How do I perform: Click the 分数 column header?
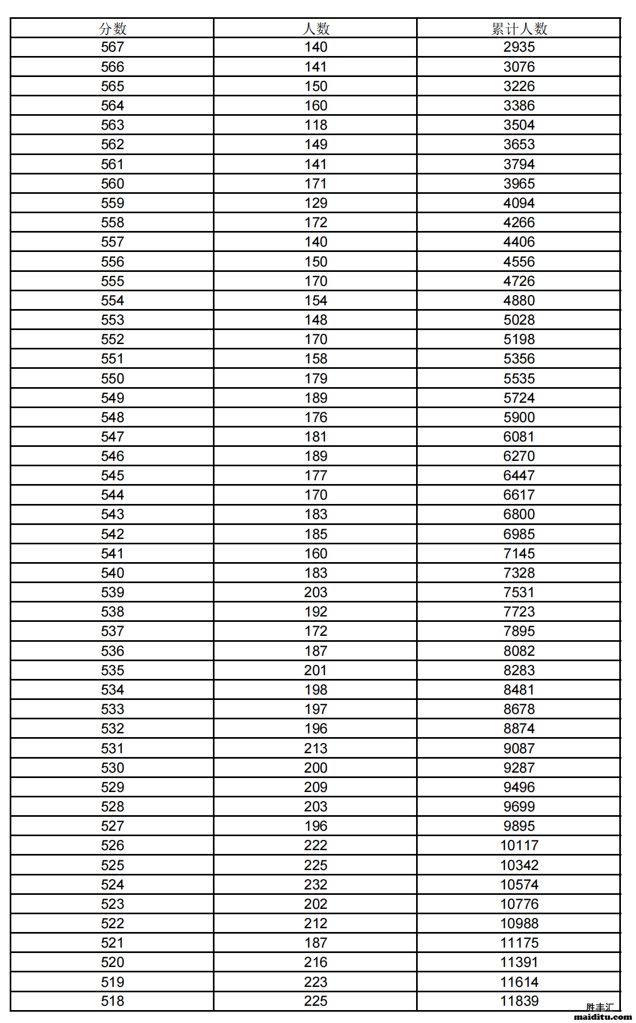(112, 29)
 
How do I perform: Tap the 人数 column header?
(315, 29)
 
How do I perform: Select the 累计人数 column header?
(519, 29)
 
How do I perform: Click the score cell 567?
(112, 47)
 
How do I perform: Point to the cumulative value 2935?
(519, 47)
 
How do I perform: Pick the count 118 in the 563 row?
(315, 125)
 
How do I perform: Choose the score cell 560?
(112, 184)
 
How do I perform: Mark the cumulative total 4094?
(519, 203)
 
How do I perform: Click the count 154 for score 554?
(315, 300)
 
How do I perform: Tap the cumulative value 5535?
(519, 379)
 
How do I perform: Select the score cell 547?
(112, 437)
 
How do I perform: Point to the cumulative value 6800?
(519, 514)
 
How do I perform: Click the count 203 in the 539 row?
(315, 592)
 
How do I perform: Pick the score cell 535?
(112, 670)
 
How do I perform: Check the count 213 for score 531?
(315, 748)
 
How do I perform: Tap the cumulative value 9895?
(519, 826)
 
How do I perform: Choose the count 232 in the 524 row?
(315, 885)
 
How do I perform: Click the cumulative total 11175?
(519, 943)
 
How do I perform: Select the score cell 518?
(112, 1001)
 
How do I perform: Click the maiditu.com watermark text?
(603, 1017)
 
